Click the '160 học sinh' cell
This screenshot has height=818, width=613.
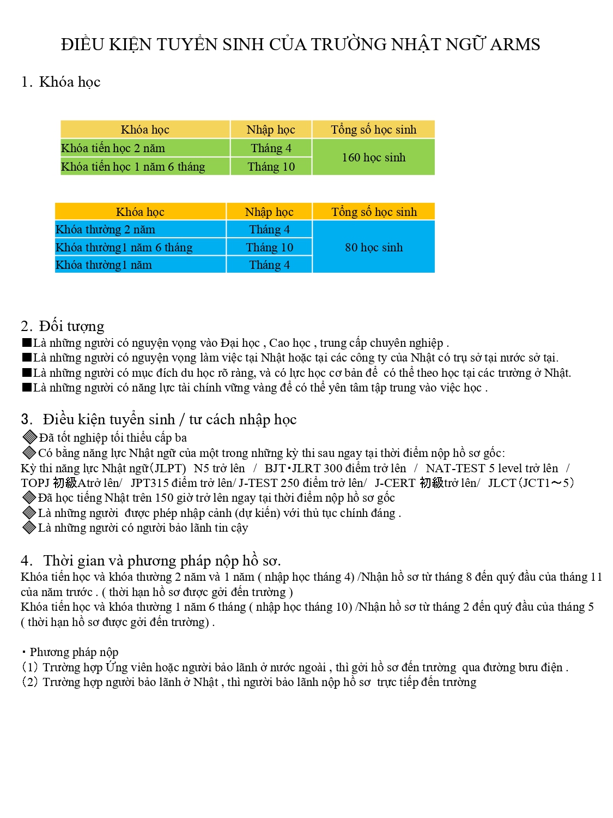[x=373, y=158]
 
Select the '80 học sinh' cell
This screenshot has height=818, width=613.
[x=373, y=248]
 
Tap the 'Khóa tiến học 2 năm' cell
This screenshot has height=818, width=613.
[x=113, y=148]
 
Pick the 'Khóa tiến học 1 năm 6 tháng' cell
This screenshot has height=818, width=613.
[x=133, y=167]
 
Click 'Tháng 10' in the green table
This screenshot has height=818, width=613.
[x=271, y=167]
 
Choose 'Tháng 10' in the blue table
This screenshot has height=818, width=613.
[x=269, y=248]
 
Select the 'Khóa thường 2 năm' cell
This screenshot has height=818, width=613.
[x=105, y=230]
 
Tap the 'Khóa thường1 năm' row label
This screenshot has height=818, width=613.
[x=104, y=265]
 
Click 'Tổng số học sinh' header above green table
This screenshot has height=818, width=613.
[x=373, y=130]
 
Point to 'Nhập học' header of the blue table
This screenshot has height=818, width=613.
[x=269, y=212]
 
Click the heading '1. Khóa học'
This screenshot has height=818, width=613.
[x=60, y=82]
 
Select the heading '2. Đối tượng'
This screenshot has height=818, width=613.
[x=62, y=326]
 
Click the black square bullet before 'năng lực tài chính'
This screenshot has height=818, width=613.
[x=27, y=388]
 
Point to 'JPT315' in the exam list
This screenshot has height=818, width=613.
[x=148, y=483]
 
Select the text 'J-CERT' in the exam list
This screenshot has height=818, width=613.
[x=395, y=483]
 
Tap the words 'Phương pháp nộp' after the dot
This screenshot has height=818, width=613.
[x=74, y=652]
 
